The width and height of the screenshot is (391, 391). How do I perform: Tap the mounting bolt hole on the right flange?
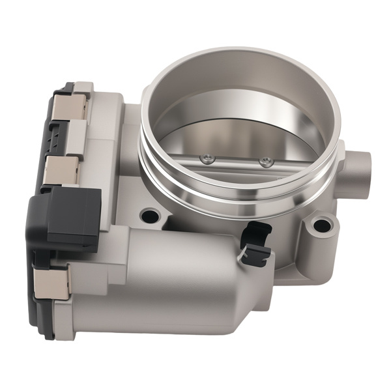coord(321,226)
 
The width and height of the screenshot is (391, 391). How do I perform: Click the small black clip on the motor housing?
coord(255,242)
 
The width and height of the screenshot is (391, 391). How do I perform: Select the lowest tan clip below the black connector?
coord(52,282)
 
